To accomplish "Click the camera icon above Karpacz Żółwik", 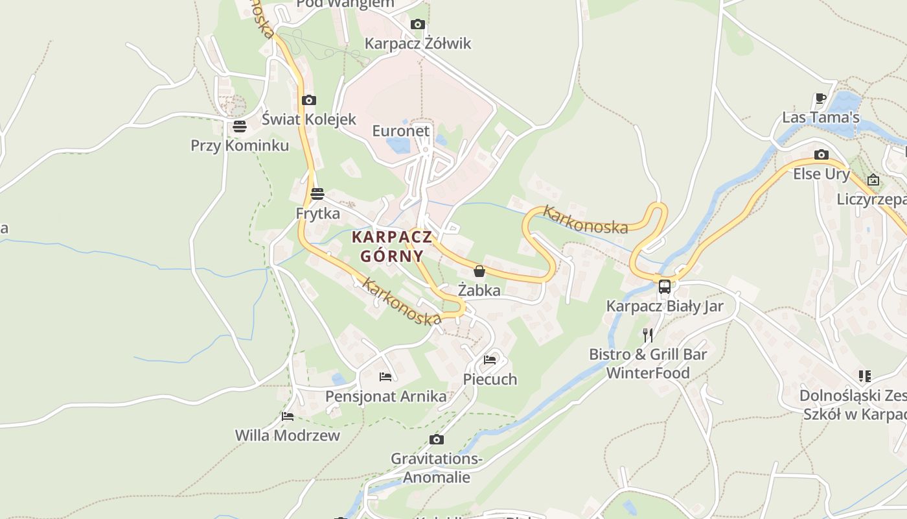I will (418, 25).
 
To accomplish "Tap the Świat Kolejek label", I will (309, 119).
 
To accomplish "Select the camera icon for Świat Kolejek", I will (309, 100).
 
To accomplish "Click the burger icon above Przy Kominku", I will (240, 126).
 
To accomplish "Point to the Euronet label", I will (400, 131).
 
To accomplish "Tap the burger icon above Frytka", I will (317, 193).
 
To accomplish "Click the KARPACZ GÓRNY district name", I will (391, 246).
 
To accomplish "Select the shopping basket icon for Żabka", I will (479, 271).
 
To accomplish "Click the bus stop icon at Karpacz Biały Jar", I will (664, 286).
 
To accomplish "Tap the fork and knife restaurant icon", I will (647, 335).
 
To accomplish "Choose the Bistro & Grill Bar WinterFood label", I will (648, 363).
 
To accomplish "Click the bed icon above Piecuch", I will (490, 359).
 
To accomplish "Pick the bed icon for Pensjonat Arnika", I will (385, 376).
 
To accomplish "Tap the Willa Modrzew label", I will (287, 435).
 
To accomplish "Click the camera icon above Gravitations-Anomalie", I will (437, 439).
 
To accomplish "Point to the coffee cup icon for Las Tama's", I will (820, 99).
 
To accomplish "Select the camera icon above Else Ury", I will (821, 154).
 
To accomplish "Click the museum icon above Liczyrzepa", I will (873, 180).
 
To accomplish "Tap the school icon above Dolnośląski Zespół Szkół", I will (864, 376).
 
